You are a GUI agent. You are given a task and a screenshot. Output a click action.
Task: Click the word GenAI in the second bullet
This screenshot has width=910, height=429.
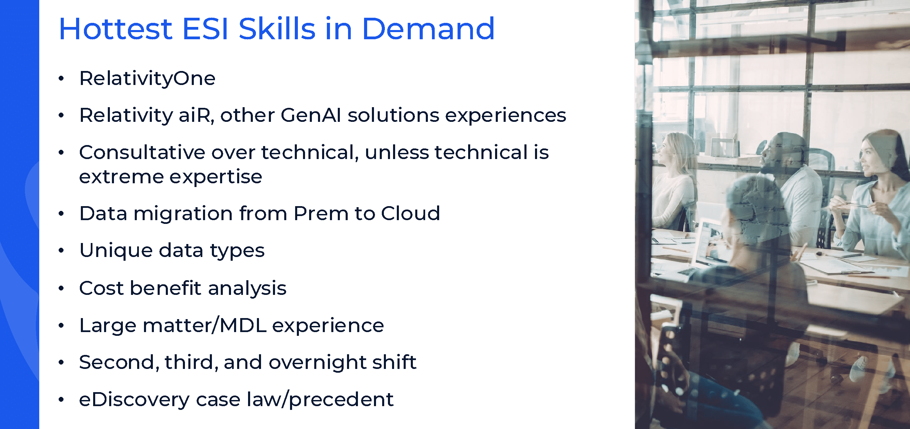click(311, 115)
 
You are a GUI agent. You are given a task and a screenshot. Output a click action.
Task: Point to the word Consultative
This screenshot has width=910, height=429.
click(142, 152)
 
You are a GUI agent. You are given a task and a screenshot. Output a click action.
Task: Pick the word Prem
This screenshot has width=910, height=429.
click(321, 213)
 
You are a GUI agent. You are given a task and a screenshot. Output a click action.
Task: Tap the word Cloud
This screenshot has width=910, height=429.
click(410, 213)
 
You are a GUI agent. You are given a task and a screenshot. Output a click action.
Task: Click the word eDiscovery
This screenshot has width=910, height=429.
click(134, 400)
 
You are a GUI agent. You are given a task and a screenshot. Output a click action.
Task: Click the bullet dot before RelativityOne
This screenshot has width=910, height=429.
click(61, 78)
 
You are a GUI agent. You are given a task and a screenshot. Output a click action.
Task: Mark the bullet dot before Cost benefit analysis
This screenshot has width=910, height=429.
click(61, 288)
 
